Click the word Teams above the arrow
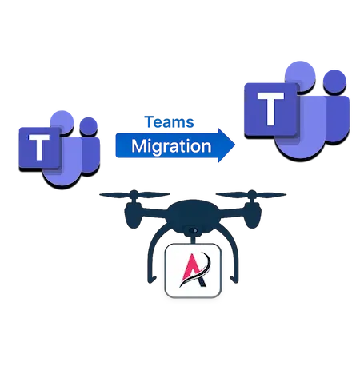169,122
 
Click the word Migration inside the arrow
171,146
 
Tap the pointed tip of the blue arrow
235,145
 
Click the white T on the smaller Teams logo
39,147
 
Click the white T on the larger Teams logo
270,109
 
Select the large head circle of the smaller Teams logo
62,122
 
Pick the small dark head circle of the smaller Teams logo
88,126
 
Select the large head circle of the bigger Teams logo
300,77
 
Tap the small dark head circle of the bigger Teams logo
334,82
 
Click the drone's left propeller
134,195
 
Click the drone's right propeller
251,195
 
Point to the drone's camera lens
195,230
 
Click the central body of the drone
193,214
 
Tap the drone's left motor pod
133,214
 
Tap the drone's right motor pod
253,214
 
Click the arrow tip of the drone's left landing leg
152,280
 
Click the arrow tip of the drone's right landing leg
234,280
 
